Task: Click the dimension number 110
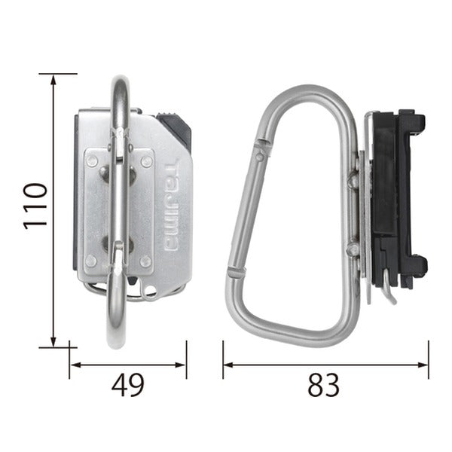[x=35, y=206]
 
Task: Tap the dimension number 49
[x=128, y=385]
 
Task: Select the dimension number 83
[x=323, y=385]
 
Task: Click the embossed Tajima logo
[x=171, y=205]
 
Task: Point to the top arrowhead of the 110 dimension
[x=53, y=80]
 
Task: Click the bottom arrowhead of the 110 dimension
[x=53, y=341]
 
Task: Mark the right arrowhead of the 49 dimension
[x=180, y=365]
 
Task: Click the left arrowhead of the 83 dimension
[x=229, y=365]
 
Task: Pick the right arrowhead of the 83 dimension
[x=423, y=365]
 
